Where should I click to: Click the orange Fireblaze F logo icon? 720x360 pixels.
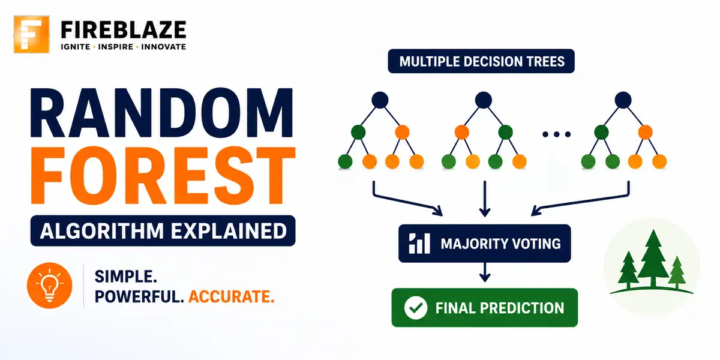[31, 34]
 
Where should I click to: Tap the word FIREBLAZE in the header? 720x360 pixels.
[124, 30]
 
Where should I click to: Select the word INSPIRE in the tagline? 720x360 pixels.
[115, 47]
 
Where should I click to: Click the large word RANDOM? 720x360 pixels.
[161, 113]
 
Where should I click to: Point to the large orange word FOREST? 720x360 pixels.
[163, 175]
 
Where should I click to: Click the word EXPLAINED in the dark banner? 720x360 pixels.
[229, 231]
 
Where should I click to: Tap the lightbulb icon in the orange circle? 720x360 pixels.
[49, 286]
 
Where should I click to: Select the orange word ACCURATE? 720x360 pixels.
[232, 296]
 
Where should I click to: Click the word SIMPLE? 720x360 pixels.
[125, 277]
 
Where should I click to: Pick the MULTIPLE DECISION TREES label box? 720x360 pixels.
[481, 61]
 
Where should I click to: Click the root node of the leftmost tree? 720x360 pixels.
[380, 100]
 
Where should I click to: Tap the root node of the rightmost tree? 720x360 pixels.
[623, 100]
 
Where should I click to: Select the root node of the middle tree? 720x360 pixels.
[484, 100]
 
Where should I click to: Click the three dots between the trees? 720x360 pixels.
[556, 134]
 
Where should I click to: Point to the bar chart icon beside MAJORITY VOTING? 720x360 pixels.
[419, 244]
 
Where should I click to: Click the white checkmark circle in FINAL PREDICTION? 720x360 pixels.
[416, 308]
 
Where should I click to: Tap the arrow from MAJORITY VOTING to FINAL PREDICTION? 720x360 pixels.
[485, 272]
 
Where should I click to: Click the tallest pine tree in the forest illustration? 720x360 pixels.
[653, 258]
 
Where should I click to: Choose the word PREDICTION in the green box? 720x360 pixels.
[522, 308]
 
